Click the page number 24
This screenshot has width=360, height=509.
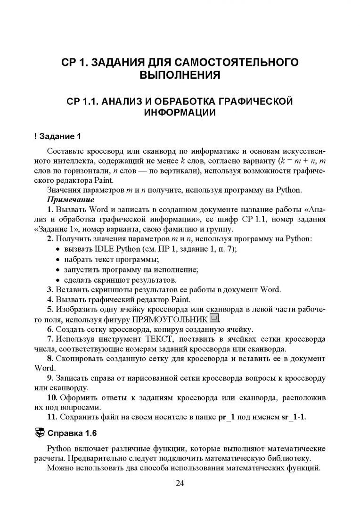[x=180, y=483]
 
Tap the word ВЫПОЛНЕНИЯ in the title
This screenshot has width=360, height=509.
[x=180, y=75]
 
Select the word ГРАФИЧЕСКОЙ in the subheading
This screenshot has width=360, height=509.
[x=249, y=101]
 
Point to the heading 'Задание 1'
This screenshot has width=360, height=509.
[x=60, y=137]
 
